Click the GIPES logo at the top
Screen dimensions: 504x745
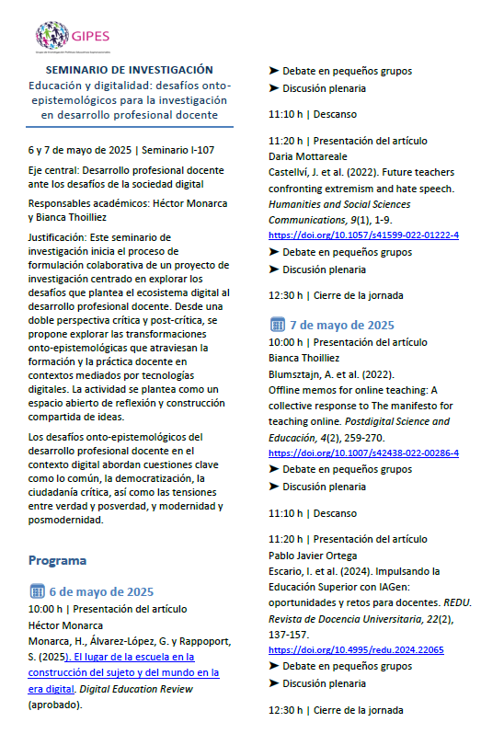tap(74, 36)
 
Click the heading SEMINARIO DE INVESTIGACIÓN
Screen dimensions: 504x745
tap(130, 70)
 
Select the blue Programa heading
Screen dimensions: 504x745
tap(57, 559)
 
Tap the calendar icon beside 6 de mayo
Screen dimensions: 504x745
tap(37, 590)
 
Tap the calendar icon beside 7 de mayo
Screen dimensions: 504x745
tap(277, 325)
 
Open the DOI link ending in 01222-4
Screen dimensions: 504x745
tap(363, 235)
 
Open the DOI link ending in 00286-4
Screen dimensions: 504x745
tap(363, 453)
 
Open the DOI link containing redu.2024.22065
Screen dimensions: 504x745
tap(356, 649)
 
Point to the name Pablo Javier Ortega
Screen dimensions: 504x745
tap(318, 555)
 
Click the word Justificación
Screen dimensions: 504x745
tap(60, 237)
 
